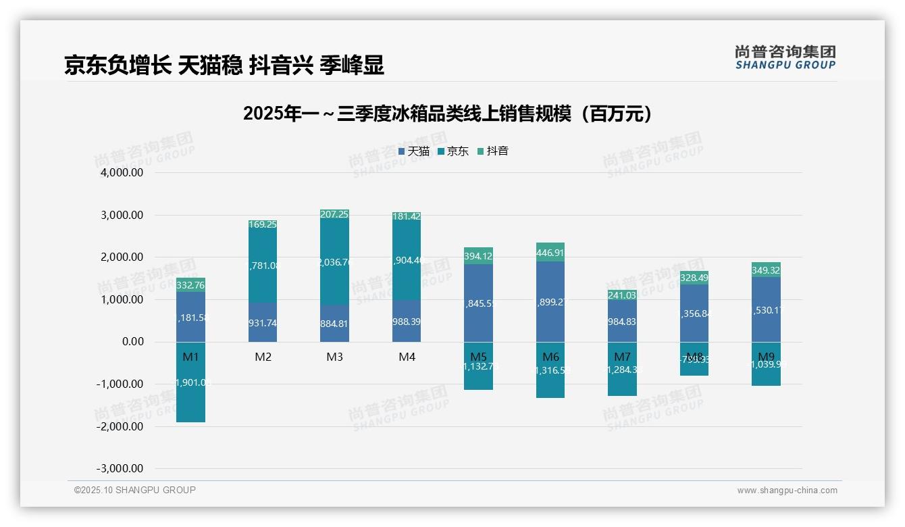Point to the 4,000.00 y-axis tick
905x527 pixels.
coord(122,173)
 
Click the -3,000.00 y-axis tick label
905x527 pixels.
coord(120,468)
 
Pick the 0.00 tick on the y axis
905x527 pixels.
coord(128,342)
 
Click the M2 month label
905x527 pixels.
coord(263,357)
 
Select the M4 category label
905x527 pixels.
coord(407,357)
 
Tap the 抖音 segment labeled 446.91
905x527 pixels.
coord(550,253)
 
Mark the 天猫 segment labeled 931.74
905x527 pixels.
coord(263,322)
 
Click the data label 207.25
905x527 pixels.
coord(335,214)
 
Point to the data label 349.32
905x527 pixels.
coord(766,270)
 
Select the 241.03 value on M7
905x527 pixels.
coord(622,295)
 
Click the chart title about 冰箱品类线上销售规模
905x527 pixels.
coord(448,114)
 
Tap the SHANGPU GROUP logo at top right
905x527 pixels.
coord(785,57)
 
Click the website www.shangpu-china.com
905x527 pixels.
coord(787,491)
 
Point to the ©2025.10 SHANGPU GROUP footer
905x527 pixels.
coord(135,490)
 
